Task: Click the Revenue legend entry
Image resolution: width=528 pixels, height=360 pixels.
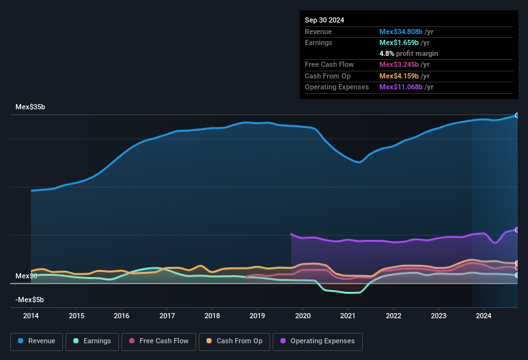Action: click(x=37, y=341)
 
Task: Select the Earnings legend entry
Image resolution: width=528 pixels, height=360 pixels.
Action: click(x=92, y=341)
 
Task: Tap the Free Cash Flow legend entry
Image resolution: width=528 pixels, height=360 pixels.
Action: click(x=159, y=341)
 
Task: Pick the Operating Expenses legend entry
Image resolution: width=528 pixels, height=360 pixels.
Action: click(x=318, y=341)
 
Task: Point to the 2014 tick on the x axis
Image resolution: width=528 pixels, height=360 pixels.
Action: click(x=31, y=316)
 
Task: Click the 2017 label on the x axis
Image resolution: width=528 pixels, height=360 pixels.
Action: click(x=167, y=316)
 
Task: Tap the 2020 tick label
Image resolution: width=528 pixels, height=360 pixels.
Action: click(x=303, y=316)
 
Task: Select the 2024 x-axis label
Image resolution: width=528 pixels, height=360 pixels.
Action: click(x=484, y=316)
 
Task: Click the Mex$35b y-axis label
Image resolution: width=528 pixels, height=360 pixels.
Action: click(x=30, y=107)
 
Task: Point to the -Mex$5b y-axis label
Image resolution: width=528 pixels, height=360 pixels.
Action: click(x=30, y=300)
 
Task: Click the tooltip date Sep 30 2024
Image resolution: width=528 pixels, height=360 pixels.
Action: click(x=324, y=20)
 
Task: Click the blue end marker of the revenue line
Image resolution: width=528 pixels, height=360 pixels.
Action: click(x=516, y=115)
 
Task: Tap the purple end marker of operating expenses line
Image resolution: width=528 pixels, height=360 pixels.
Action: click(x=516, y=230)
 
